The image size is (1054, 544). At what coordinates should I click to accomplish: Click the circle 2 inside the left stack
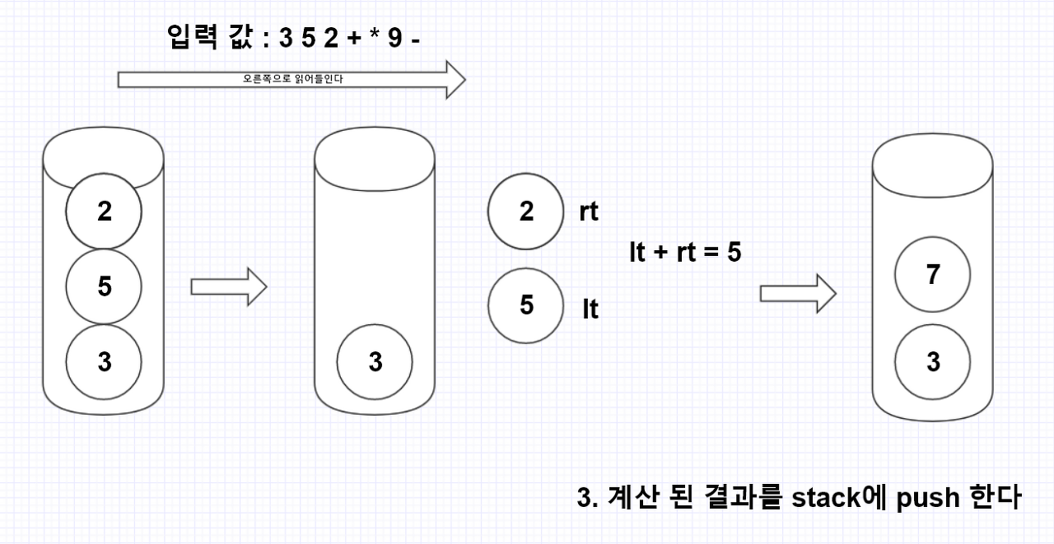point(104,212)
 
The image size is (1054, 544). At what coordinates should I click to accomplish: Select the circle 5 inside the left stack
point(104,286)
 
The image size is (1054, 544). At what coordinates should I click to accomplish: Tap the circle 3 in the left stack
point(104,361)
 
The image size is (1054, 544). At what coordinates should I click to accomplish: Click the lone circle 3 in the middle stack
point(375,361)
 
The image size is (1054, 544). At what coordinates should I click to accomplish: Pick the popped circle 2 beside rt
point(526,212)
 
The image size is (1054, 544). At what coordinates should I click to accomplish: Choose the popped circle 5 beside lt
point(526,305)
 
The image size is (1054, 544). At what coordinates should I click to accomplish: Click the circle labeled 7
point(932,275)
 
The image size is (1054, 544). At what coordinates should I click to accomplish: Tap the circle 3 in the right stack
point(932,361)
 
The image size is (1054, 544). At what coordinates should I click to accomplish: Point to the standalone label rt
point(588,212)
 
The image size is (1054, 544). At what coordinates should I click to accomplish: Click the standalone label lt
point(590,309)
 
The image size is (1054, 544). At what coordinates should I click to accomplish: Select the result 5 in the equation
point(734,253)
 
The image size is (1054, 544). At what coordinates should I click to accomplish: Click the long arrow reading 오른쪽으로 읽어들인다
point(292,79)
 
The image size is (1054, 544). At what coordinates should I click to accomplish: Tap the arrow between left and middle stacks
point(228,286)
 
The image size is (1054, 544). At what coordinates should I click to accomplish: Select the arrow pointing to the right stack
point(797,294)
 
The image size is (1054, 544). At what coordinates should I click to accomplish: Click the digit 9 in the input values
point(395,38)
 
